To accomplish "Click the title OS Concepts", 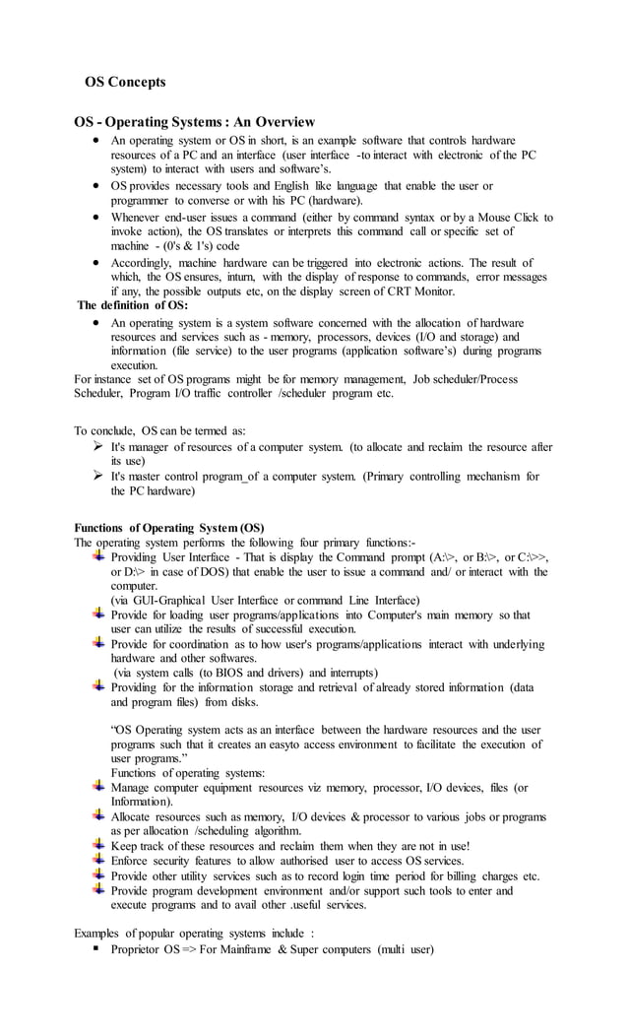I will point(125,82).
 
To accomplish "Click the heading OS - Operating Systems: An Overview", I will point(195,122).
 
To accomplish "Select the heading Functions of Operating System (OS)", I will point(169,527).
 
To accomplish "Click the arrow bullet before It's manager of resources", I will point(97,446).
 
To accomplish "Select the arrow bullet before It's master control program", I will point(97,476).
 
